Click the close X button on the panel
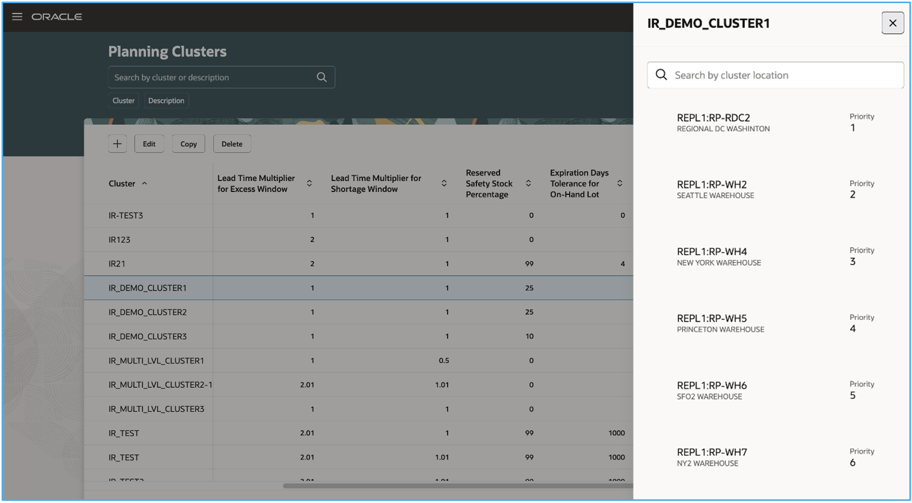(x=892, y=23)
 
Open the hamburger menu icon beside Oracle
(x=17, y=17)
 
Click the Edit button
(x=149, y=144)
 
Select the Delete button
(x=232, y=144)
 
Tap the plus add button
(x=117, y=144)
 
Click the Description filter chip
(x=166, y=101)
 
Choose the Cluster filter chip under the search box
(x=123, y=101)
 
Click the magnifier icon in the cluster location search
(x=661, y=75)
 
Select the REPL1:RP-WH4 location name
(x=712, y=251)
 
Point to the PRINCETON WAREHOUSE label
(x=720, y=330)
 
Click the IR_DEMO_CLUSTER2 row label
(x=147, y=312)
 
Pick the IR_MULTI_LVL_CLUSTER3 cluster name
(x=156, y=409)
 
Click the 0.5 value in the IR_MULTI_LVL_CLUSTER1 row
(x=443, y=360)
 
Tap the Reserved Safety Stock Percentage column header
(x=488, y=183)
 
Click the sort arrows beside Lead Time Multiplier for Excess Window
(x=309, y=183)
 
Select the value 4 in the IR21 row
(x=622, y=264)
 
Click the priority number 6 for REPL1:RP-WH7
(x=853, y=463)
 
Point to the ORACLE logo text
(x=57, y=17)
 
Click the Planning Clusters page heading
(x=167, y=51)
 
